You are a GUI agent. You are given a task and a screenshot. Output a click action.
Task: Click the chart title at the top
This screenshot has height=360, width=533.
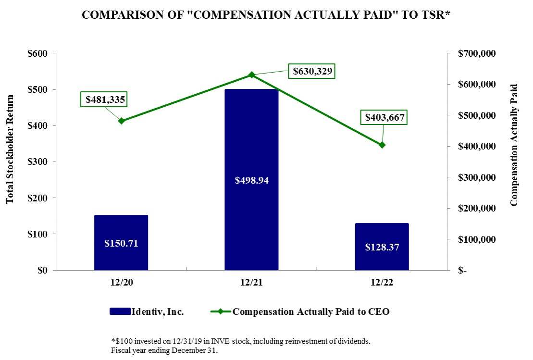pyautogui.click(x=266, y=15)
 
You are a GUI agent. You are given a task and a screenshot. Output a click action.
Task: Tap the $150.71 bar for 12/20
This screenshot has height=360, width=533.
pyautogui.click(x=121, y=242)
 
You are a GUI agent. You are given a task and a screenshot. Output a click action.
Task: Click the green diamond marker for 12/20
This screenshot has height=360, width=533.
pyautogui.click(x=121, y=121)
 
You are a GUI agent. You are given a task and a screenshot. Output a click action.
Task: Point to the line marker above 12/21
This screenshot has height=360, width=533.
pyautogui.click(x=251, y=75)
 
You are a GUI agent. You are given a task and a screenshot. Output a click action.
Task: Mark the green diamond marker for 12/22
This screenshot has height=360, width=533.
pyautogui.click(x=382, y=145)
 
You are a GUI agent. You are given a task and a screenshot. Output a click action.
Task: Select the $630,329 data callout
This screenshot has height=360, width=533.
pyautogui.click(x=311, y=71)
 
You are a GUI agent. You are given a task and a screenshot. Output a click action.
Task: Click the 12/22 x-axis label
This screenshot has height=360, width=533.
pyautogui.click(x=382, y=283)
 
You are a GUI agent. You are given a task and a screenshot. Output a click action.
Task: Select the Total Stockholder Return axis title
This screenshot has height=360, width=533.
pyautogui.click(x=10, y=149)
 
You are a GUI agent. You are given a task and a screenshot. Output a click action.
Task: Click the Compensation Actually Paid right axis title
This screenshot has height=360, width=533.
pyautogui.click(x=515, y=145)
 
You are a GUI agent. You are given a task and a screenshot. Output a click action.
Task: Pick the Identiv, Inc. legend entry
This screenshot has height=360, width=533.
pyautogui.click(x=147, y=311)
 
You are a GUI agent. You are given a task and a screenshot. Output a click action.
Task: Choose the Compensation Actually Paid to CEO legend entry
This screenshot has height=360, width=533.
pyautogui.click(x=300, y=311)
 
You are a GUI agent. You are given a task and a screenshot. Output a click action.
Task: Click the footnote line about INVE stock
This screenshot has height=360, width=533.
pyautogui.click(x=240, y=341)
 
